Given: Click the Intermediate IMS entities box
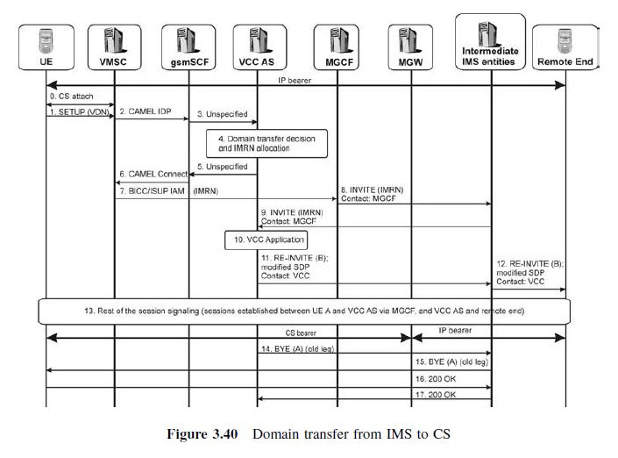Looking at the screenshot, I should pyautogui.click(x=490, y=44).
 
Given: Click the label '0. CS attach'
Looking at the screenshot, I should pyautogui.click(x=73, y=95).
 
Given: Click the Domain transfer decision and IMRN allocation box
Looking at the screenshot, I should pyautogui.click(x=268, y=143).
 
